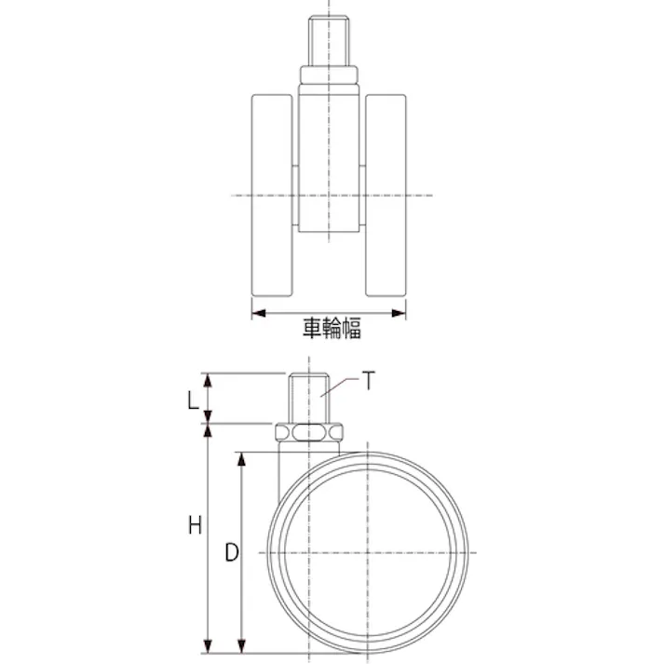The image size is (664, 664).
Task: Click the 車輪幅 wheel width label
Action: click(332, 328)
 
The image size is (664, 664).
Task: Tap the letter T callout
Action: click(369, 380)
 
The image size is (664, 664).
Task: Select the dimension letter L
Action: click(193, 400)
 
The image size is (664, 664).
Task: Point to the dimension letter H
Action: click(195, 525)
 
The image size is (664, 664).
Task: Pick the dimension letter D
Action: click(232, 552)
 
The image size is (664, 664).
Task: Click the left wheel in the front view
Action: click(272, 196)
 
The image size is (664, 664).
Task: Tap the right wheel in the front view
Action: click(386, 196)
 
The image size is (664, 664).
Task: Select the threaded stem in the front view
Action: click(329, 41)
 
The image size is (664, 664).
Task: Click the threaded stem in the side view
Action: click(308, 398)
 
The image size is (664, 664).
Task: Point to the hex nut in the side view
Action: click(308, 433)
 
